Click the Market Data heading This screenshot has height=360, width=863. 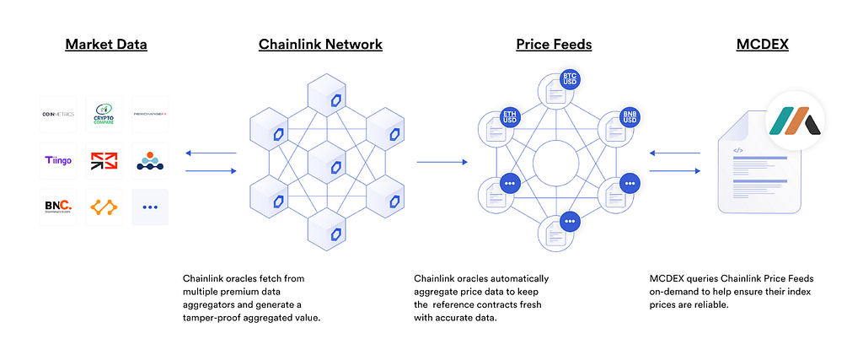click(106, 44)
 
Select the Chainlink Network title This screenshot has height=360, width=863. click(320, 44)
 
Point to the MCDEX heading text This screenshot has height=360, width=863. click(761, 44)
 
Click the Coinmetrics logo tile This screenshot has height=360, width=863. click(58, 114)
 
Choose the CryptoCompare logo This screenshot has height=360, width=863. click(105, 114)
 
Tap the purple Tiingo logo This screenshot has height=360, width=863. click(58, 160)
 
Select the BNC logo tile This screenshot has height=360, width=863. click(58, 206)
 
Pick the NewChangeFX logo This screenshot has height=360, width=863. click(150, 114)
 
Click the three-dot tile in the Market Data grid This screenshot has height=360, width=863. click(150, 207)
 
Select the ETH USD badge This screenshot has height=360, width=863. click(509, 116)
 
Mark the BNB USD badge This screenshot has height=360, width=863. click(629, 116)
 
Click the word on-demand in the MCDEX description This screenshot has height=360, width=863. click(677, 291)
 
